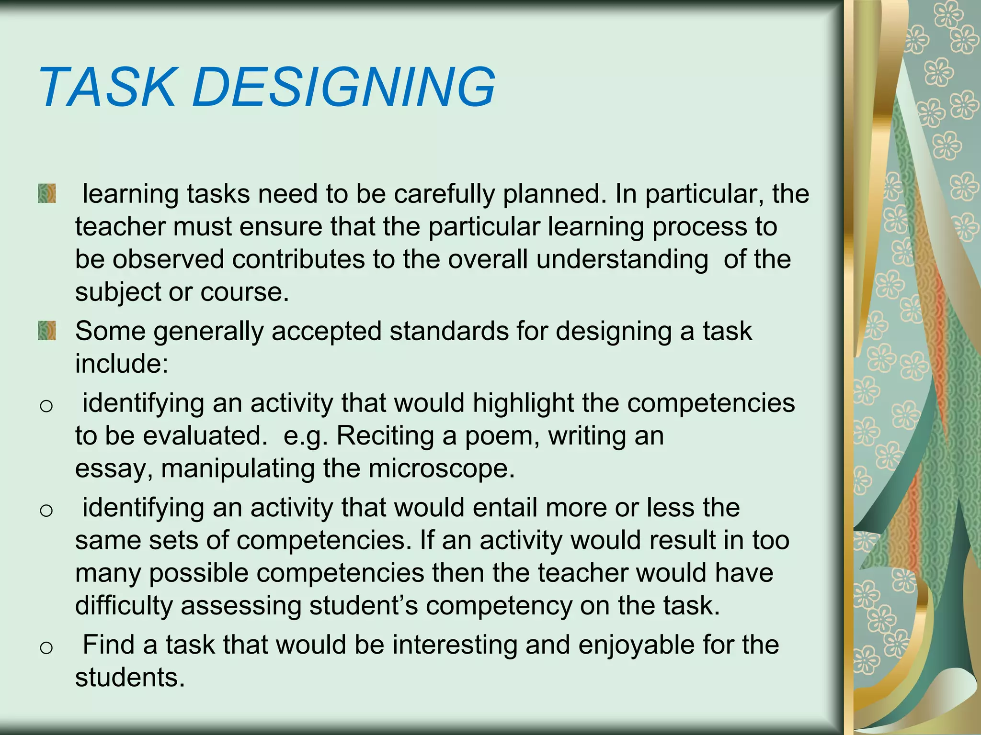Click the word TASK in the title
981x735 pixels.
tap(107, 87)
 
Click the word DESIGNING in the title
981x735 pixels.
tap(343, 87)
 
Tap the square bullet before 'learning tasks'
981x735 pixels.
tap(47, 194)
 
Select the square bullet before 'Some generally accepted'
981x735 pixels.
tap(47, 331)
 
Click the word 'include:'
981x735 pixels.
tap(122, 364)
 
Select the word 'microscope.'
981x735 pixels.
tap(441, 468)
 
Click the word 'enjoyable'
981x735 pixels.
tap(636, 646)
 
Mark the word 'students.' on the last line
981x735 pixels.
tap(130, 678)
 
